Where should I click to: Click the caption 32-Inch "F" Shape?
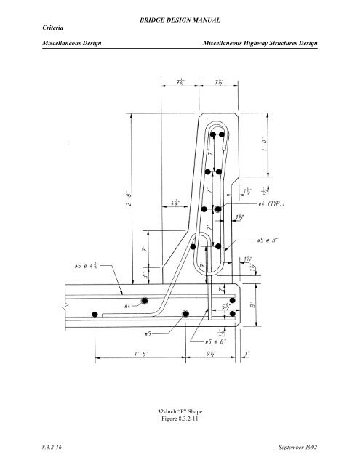tap(180, 412)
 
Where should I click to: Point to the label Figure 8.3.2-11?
tap(180, 421)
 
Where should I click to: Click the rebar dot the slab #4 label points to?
tap(145, 301)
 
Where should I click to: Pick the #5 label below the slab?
tap(147, 334)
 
